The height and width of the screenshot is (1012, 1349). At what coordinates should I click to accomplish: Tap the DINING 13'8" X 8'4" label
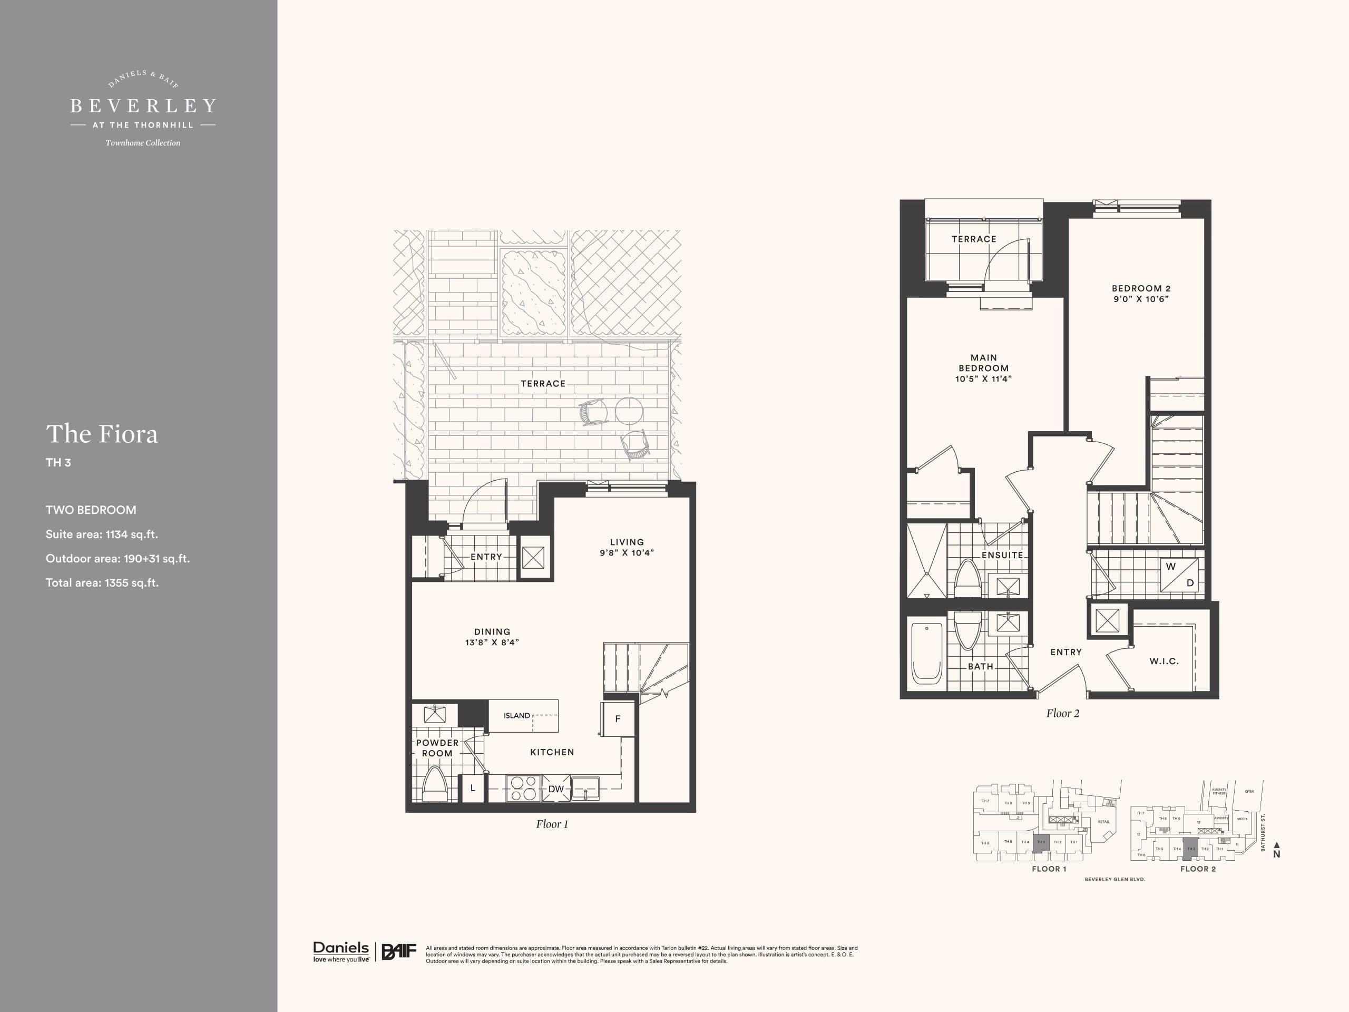click(x=492, y=637)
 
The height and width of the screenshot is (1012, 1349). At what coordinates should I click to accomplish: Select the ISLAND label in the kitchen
click(x=516, y=716)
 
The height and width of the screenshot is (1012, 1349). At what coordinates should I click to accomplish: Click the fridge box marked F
click(x=618, y=719)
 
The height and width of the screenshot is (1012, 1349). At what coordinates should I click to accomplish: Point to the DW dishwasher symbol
click(x=555, y=789)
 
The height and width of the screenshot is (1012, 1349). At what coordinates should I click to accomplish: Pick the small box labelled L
click(x=472, y=788)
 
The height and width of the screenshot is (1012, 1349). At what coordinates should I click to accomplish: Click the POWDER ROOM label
click(x=437, y=748)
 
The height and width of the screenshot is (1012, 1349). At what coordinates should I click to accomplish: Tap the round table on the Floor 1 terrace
click(x=629, y=411)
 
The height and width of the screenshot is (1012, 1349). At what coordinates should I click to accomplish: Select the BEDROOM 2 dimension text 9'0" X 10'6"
click(x=1140, y=299)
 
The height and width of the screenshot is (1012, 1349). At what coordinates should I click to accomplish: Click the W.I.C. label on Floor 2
click(x=1164, y=660)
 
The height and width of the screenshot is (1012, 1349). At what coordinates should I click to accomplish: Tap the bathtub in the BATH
click(x=926, y=652)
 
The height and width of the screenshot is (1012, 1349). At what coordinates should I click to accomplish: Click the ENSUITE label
click(x=1002, y=555)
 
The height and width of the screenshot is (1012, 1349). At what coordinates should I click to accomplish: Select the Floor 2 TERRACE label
click(x=973, y=239)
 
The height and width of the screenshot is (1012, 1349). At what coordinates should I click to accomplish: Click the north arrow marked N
click(x=1276, y=853)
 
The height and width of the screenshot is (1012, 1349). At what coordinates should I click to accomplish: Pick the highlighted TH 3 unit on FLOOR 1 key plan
click(x=1041, y=842)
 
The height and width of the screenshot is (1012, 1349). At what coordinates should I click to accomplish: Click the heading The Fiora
click(x=102, y=434)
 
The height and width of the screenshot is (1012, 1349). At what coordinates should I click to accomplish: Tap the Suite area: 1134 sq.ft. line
click(x=102, y=534)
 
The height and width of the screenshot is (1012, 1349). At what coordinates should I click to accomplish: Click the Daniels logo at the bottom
click(x=341, y=951)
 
